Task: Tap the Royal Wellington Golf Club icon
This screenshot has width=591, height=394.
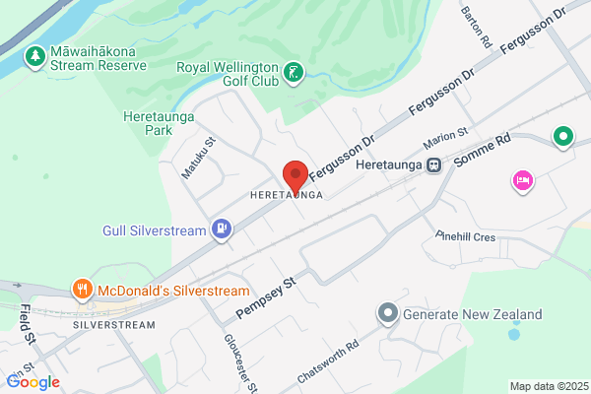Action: click(293, 71)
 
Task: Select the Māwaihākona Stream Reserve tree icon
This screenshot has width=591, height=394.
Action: click(35, 56)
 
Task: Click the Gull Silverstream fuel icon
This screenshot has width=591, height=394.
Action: click(224, 230)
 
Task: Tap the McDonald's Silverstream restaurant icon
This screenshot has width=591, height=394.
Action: click(83, 290)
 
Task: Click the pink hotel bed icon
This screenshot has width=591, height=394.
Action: click(522, 180)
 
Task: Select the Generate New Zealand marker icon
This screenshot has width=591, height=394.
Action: click(389, 314)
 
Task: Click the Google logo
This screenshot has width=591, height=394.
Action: click(33, 381)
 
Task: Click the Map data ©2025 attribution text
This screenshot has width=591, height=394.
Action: click(547, 385)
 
